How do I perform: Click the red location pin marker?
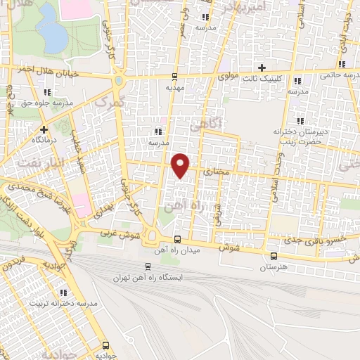coord(181,165)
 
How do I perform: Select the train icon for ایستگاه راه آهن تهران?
coord(148,266)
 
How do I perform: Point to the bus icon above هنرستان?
coord(274,255)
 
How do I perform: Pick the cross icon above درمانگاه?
coord(44,129)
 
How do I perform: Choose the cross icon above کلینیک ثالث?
coord(262,68)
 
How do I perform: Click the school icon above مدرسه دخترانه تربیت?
coord(63,292)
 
